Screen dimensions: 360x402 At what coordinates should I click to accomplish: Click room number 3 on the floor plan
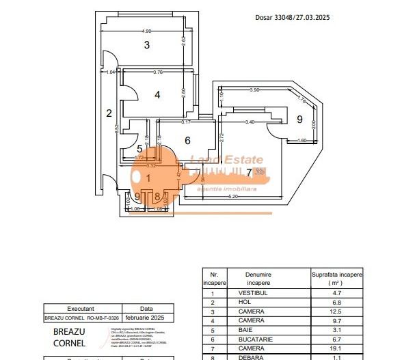146,46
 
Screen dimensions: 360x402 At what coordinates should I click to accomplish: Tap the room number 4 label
157,95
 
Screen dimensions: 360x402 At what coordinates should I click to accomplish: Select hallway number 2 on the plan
109,113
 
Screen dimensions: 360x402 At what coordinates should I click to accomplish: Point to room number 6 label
187,141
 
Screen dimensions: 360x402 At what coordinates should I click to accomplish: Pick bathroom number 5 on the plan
139,148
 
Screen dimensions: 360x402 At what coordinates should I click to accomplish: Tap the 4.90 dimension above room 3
146,31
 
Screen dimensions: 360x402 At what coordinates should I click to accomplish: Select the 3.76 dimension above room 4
158,72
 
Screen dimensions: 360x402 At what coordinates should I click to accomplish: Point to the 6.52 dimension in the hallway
117,127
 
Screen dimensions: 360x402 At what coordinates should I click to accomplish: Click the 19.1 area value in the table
337,346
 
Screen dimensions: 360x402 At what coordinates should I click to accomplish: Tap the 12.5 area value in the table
337,310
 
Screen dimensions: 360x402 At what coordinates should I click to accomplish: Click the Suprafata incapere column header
337,278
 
